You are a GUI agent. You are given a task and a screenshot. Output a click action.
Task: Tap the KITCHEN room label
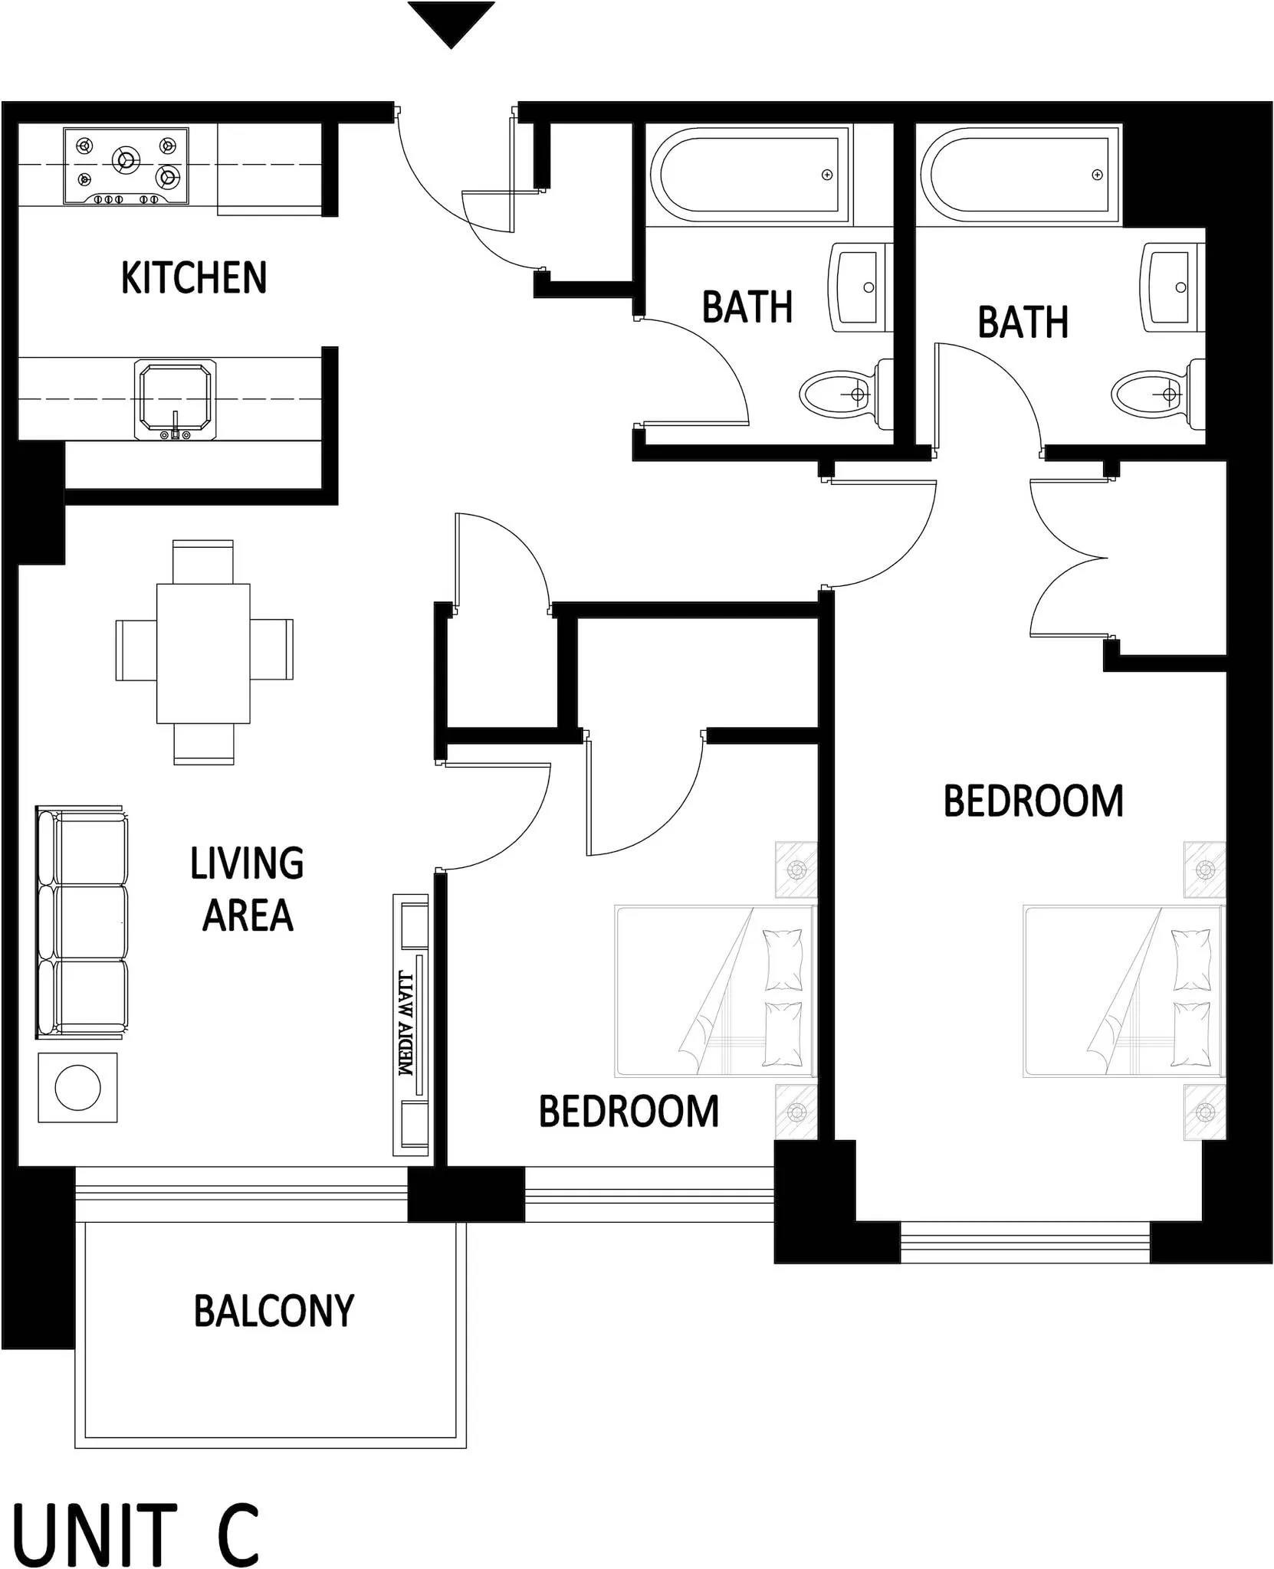click(194, 277)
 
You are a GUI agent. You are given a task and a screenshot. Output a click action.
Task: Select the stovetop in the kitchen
click(126, 166)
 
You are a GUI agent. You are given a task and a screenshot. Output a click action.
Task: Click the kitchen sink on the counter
click(175, 399)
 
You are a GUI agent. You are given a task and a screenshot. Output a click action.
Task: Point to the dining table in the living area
click(203, 653)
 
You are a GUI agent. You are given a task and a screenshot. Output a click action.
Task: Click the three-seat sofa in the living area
click(82, 922)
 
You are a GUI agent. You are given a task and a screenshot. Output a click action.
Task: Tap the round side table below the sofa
click(77, 1087)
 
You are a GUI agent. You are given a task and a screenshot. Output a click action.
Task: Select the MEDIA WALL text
click(406, 1024)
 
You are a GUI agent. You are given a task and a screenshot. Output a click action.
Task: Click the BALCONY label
click(274, 1311)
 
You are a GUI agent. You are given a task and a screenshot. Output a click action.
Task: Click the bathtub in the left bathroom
click(748, 175)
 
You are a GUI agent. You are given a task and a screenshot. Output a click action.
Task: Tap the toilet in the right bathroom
click(1156, 395)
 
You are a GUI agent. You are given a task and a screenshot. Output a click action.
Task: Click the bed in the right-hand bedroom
click(1123, 991)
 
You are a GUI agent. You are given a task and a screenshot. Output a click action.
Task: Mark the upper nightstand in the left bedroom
click(796, 870)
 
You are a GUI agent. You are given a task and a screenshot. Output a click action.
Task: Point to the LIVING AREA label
click(247, 889)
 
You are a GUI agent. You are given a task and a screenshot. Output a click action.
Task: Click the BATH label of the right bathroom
click(1023, 322)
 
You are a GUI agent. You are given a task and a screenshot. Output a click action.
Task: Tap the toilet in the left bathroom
click(845, 395)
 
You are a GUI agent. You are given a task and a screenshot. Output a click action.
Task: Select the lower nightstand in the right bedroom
click(1204, 1112)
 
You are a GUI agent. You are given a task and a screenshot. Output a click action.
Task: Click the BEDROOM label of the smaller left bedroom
click(629, 1112)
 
